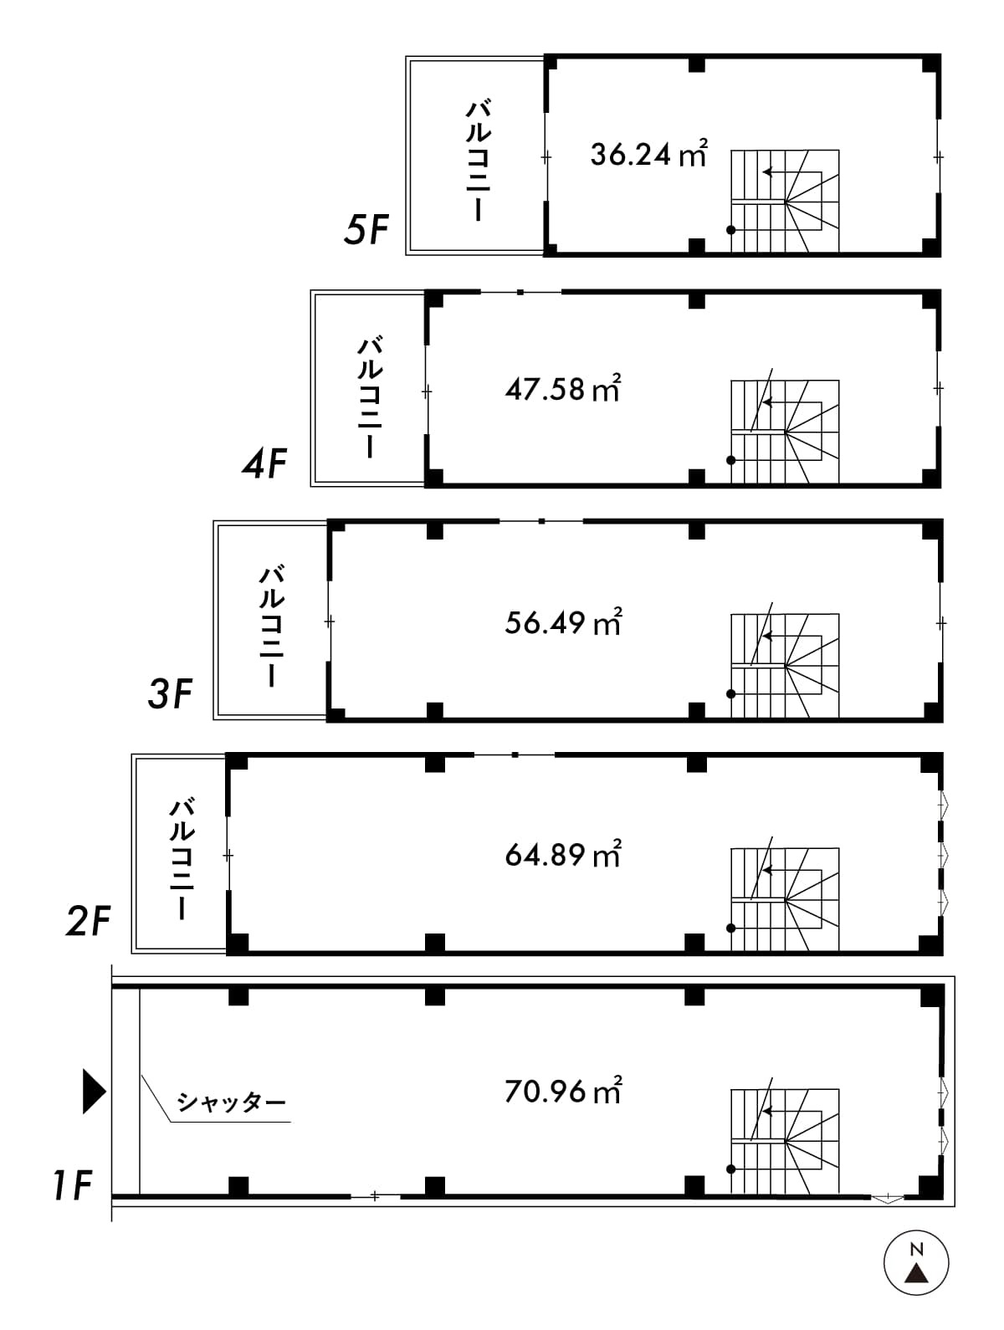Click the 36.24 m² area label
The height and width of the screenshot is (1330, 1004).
coord(649,154)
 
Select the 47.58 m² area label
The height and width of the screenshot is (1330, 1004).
coord(563,388)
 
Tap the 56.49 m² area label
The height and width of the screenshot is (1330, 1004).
coord(563,622)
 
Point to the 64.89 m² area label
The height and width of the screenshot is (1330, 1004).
coord(563,855)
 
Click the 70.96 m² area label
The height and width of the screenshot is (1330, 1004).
coord(563,1091)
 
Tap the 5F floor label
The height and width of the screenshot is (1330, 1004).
coord(366,230)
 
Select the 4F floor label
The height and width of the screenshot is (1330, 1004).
coord(264,463)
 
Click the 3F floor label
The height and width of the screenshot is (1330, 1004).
coord(171,693)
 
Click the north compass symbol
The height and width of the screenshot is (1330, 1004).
coord(916,1263)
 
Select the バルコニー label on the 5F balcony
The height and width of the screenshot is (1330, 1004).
coord(478,161)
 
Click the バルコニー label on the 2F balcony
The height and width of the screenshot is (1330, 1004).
coord(182,859)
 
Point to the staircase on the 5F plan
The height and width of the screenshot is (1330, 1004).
coord(785,201)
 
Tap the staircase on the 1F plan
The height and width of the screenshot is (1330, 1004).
coord(785,1141)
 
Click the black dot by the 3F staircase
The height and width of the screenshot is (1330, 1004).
coord(730,693)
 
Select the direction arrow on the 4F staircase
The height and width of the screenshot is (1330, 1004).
coord(792,402)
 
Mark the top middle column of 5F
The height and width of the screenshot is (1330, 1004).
coord(697,64)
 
